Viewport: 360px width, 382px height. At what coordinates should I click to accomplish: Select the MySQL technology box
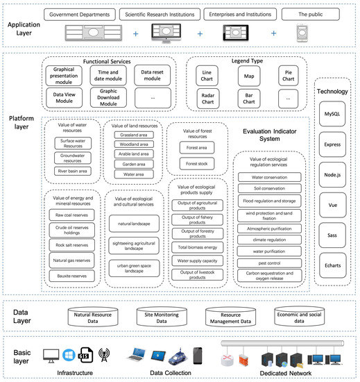pyautogui.click(x=332, y=113)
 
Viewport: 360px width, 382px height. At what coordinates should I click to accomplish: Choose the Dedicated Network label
pyautogui.click(x=284, y=373)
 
